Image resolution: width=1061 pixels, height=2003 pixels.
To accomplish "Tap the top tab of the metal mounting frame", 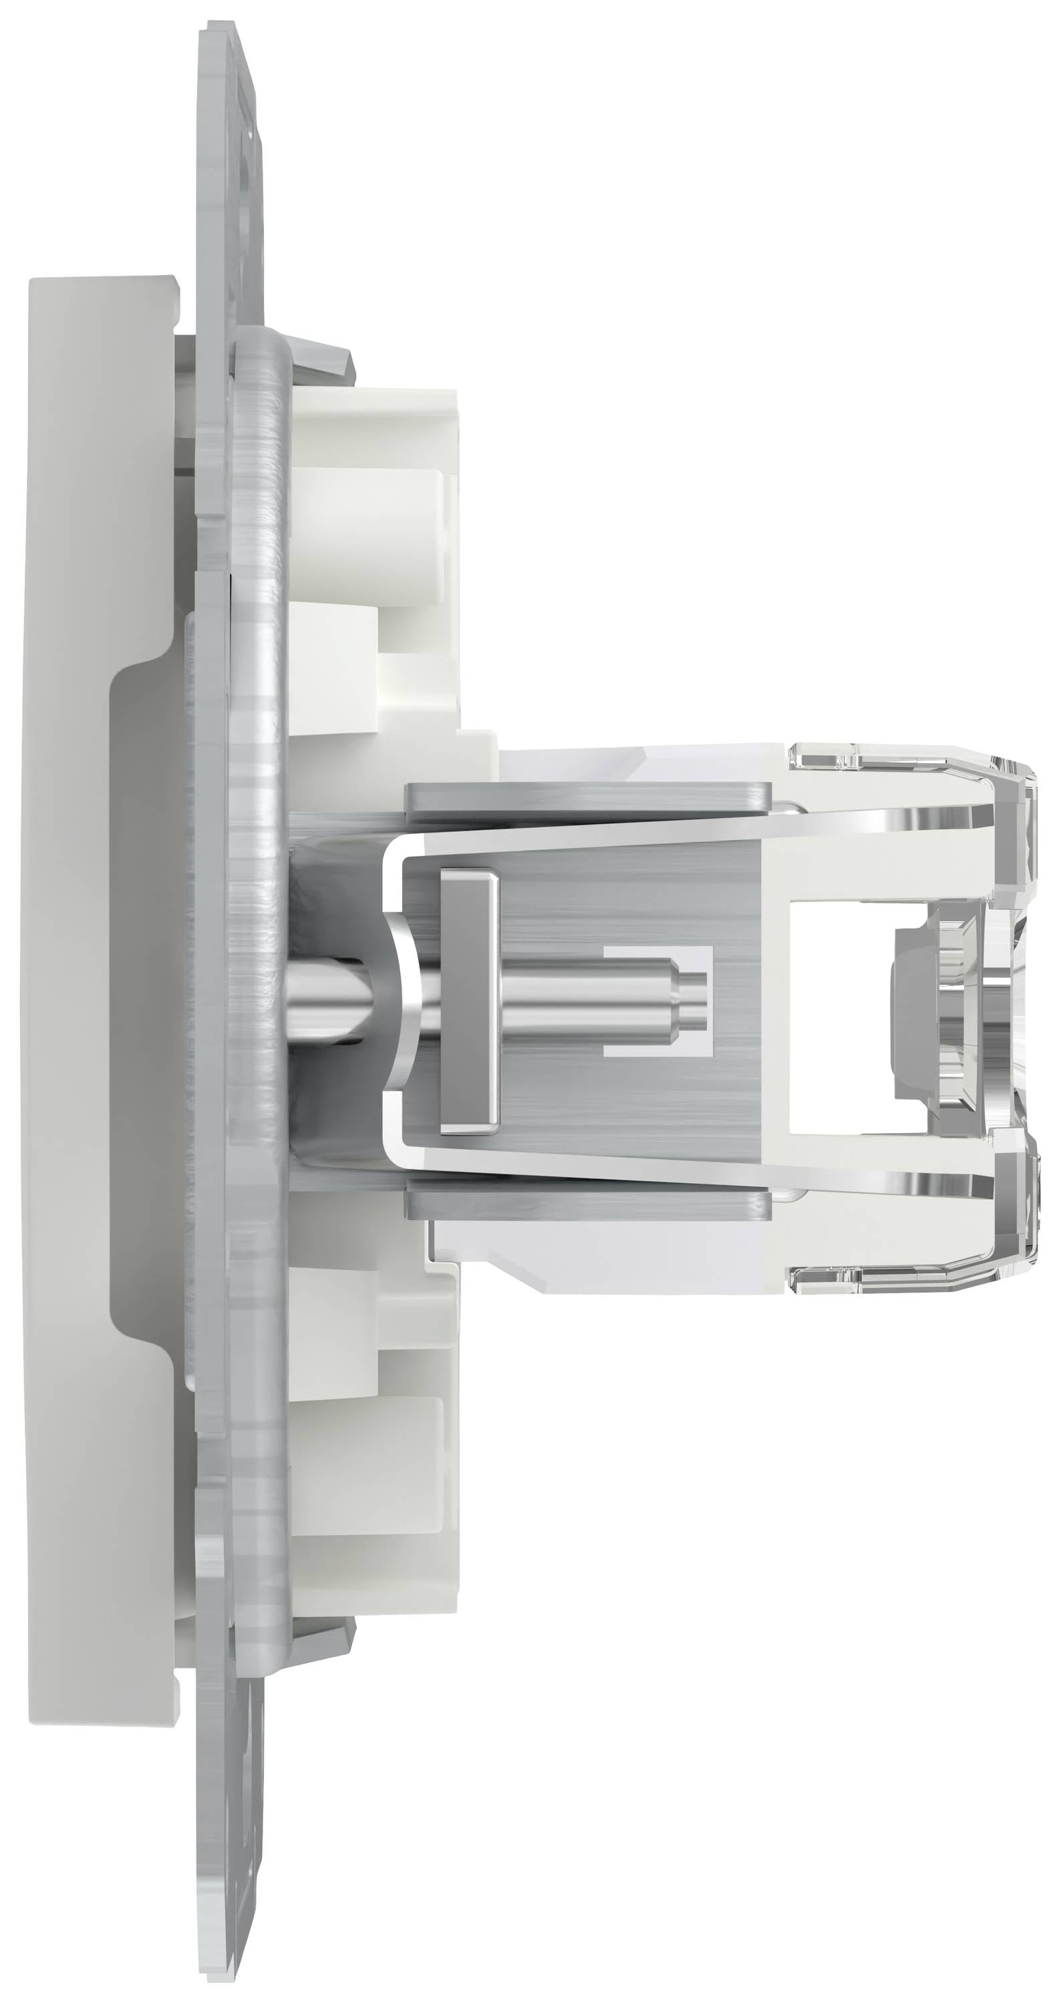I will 229,117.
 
